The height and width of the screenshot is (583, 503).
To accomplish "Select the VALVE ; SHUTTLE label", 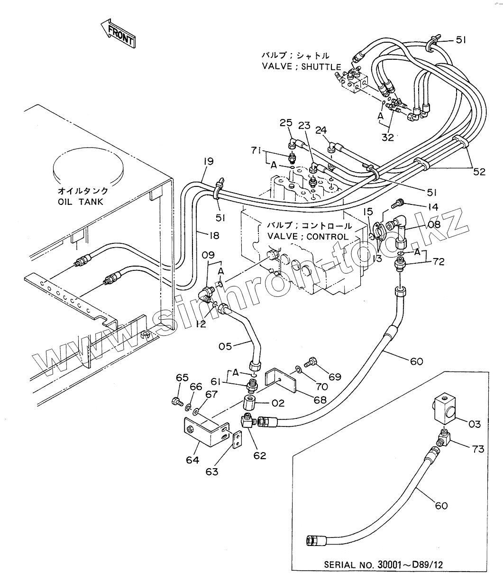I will coord(301,66).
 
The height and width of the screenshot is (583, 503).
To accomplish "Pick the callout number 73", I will coord(477,448).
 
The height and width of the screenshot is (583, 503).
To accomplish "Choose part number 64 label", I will coord(192,460).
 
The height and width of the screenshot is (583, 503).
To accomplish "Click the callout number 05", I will coord(225,346).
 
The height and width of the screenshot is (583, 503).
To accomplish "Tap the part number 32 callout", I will coord(388,137).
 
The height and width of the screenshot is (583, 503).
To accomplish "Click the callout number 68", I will coord(320,400).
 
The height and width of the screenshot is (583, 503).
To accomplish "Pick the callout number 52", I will coord(479,172).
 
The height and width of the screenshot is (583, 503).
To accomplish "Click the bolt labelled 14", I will coord(397,204).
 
